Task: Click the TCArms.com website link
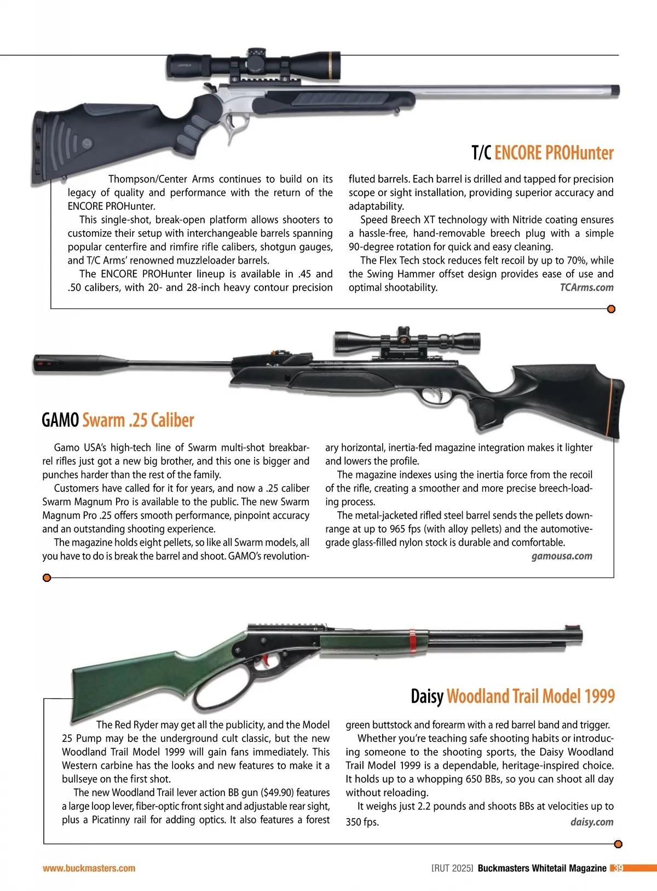pos(586,288)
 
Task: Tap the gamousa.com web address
pos(562,556)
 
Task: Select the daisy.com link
pos(592,822)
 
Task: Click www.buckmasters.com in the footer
pos(89,869)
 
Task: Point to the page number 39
pos(618,869)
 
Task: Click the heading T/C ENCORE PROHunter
pos(543,153)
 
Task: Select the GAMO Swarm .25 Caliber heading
pos(118,420)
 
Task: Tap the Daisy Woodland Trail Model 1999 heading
pos(512,696)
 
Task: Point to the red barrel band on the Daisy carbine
pos(412,641)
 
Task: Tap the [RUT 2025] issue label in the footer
pos(452,869)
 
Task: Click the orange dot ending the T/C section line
pos(612,309)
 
